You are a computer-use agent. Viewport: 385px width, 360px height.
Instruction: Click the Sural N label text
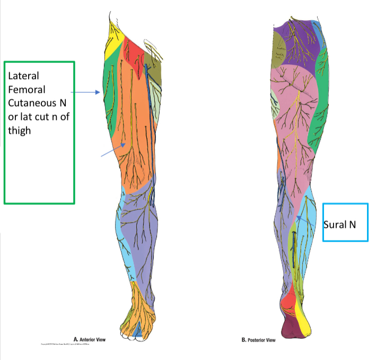pyautogui.click(x=339, y=225)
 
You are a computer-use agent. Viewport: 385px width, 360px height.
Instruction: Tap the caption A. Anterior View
pyautogui.click(x=94, y=339)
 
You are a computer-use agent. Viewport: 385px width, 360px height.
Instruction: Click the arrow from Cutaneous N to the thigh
pyautogui.click(x=85, y=92)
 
